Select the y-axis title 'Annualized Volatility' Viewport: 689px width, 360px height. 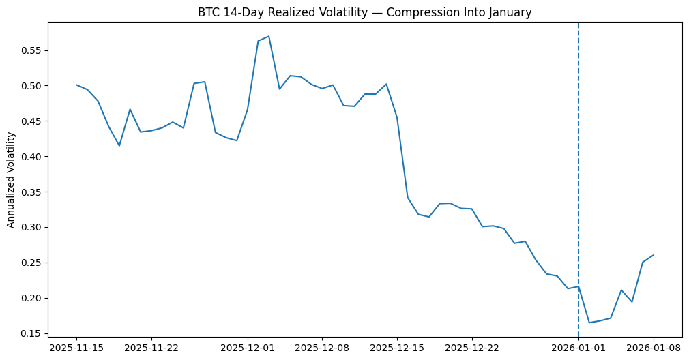pyautogui.click(x=11, y=181)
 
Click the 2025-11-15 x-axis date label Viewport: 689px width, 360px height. pyautogui.click(x=76, y=348)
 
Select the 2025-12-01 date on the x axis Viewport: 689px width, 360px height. pyautogui.click(x=248, y=348)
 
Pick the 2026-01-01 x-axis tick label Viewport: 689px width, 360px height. pyautogui.click(x=578, y=348)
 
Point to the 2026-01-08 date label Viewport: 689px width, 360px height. pyautogui.click(x=654, y=348)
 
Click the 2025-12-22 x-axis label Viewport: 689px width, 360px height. pyautogui.click(x=472, y=348)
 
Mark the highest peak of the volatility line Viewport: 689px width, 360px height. pyautogui.click(x=269, y=36)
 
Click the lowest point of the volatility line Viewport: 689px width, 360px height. pyautogui.click(x=589, y=322)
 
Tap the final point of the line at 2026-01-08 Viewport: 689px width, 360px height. pyautogui.click(x=654, y=255)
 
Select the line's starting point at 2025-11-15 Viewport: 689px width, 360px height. pyautogui.click(x=76, y=85)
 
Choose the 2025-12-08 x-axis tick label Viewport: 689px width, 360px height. pyautogui.click(x=322, y=348)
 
